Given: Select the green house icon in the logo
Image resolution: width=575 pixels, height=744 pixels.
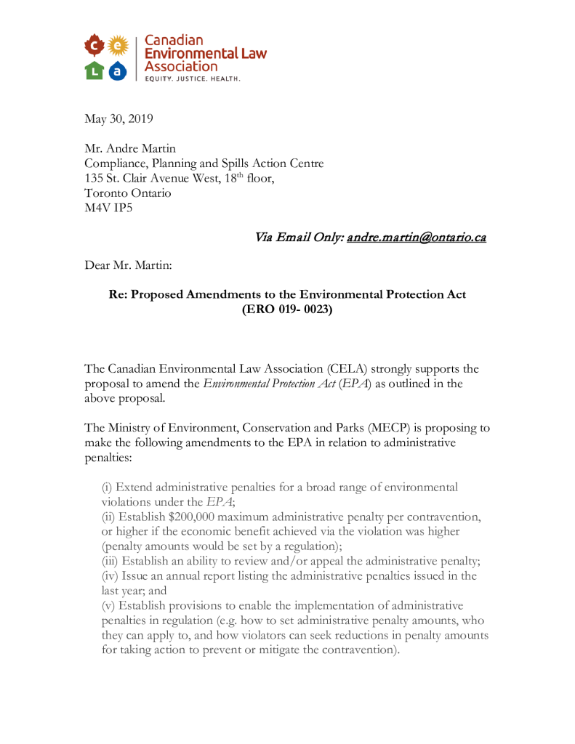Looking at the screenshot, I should click(94, 70).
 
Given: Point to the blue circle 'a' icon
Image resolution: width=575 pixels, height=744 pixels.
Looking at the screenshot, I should click(116, 70).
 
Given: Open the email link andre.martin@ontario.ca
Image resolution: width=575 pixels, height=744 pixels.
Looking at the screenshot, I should click(417, 238).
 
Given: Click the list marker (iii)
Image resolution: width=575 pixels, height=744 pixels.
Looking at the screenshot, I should click(110, 561).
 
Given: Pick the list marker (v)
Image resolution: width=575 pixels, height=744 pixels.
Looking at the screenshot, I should click(108, 605).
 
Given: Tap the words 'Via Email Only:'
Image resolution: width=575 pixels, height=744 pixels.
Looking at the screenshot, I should click(299, 238).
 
